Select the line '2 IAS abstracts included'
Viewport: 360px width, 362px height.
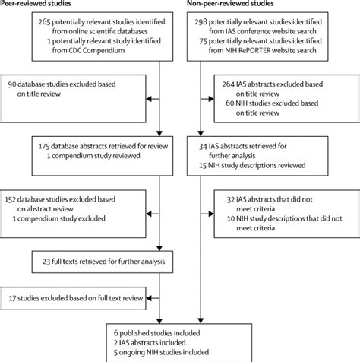160,342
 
